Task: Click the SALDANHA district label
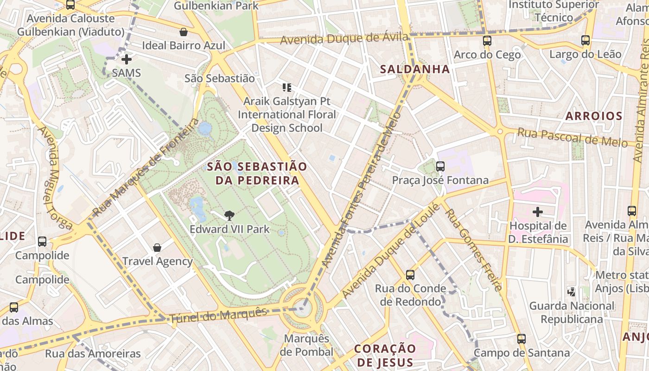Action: pos(415,69)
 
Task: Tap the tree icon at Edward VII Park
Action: pos(229,215)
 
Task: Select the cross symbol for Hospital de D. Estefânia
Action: pos(538,212)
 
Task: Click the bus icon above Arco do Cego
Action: pos(487,40)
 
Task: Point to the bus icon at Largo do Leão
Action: pos(585,40)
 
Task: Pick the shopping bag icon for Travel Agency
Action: pos(157,248)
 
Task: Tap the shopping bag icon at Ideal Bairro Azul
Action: pos(184,32)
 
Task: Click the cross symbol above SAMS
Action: pos(126,59)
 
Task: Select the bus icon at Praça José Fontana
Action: pos(440,166)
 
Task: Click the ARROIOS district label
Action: pos(593,116)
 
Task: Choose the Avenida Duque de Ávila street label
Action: pos(345,38)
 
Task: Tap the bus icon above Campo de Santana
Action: pos(522,339)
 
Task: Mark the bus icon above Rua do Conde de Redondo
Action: pos(410,275)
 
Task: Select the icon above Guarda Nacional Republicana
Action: pos(572,292)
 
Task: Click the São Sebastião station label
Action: pos(220,78)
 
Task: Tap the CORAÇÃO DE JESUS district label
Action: pos(385,355)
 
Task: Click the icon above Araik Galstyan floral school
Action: pos(286,87)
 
